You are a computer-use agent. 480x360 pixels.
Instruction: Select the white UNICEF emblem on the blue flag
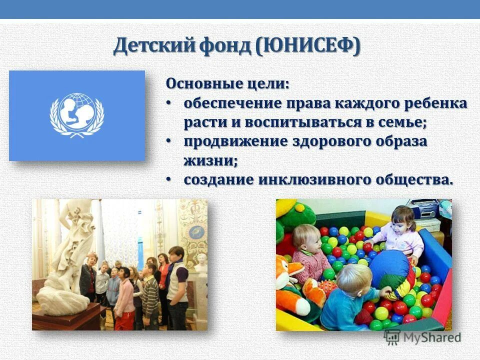pos(77,115)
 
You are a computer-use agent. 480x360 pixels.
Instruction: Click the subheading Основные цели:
pos(227,83)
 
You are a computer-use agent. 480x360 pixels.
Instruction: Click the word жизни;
pos(210,160)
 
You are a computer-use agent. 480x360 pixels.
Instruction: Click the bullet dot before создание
pos(168,178)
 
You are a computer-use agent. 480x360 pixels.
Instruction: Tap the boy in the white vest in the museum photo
pos(177,280)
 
